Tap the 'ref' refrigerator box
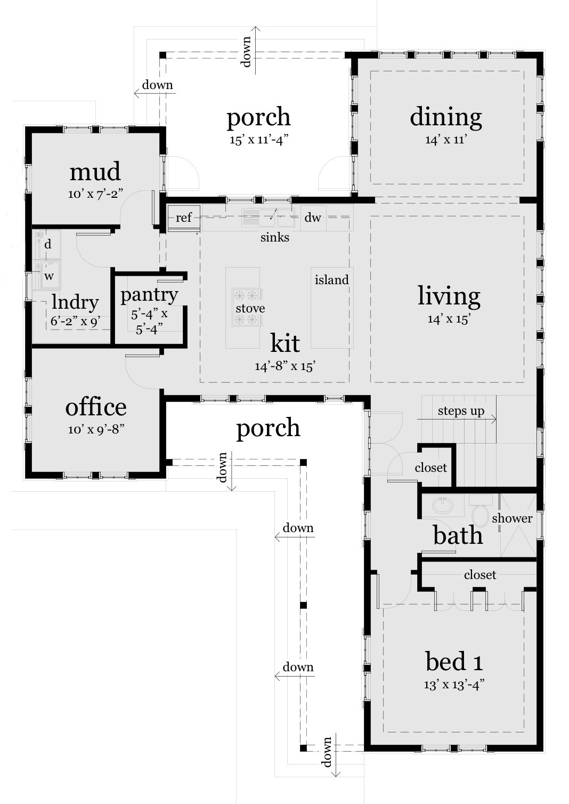pyautogui.click(x=184, y=218)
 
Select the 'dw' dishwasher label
pyautogui.click(x=313, y=218)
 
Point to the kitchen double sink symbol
pyautogui.click(x=267, y=217)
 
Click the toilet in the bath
pyautogui.click(x=481, y=514)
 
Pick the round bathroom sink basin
pyautogui.click(x=441, y=504)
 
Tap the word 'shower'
pyautogui.click(x=512, y=518)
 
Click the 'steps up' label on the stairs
pyautogui.click(x=461, y=411)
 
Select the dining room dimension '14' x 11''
pyautogui.click(x=446, y=140)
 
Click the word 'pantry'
pyautogui.click(x=149, y=294)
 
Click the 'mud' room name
pyautogui.click(x=95, y=172)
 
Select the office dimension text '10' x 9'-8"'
pyautogui.click(x=96, y=430)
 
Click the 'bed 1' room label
pyautogui.click(x=454, y=662)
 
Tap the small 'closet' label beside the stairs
pyautogui.click(x=430, y=468)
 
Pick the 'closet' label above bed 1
pyautogui.click(x=479, y=575)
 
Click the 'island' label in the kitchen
pyautogui.click(x=331, y=280)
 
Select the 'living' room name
pyautogui.click(x=449, y=296)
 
